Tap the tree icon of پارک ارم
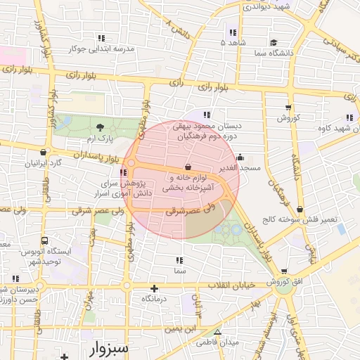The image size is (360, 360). (x=100, y=127)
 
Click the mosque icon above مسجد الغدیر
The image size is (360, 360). (x=240, y=157)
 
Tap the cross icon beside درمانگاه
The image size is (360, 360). (x=155, y=288)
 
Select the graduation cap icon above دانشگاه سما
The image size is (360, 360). (x=273, y=42)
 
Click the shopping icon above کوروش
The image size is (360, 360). (x=289, y=107)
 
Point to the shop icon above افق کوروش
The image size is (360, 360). (x=284, y=271)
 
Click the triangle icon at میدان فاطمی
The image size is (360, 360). (x=217, y=332)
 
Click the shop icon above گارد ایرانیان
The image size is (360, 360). (x=44, y=151)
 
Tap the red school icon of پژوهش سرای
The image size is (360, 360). (x=124, y=172)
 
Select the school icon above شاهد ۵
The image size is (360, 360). (x=232, y=32)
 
